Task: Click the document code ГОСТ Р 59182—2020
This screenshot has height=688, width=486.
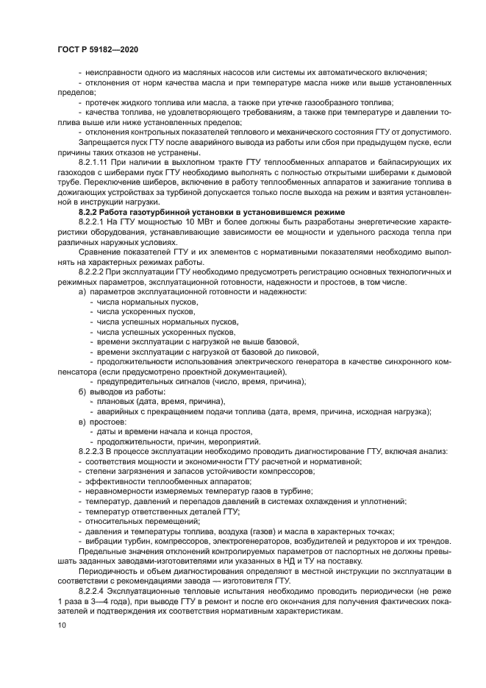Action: [97, 49]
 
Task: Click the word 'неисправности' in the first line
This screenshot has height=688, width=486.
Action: [110, 71]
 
